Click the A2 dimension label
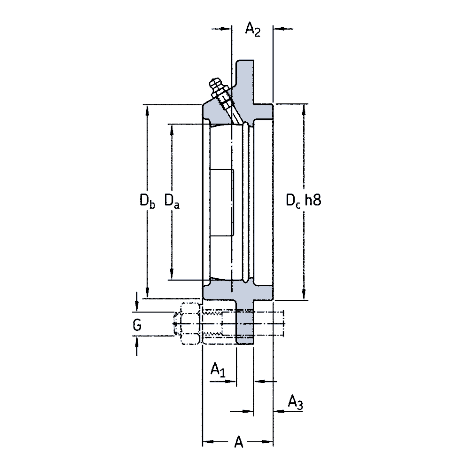click(253, 30)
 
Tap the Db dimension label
click(147, 201)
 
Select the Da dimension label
click(172, 201)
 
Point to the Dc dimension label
click(293, 200)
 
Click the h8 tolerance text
click(313, 200)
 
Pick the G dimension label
click(137, 325)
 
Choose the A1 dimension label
click(218, 369)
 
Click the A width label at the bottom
click(239, 442)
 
